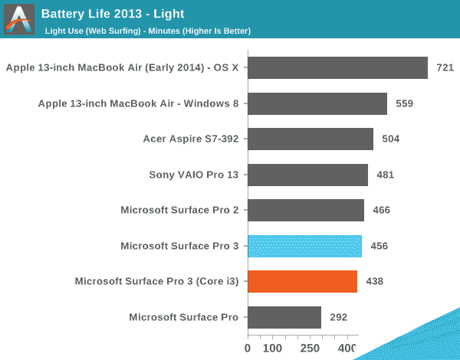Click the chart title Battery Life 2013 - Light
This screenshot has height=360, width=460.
[113, 13]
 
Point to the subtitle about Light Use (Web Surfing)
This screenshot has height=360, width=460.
[146, 31]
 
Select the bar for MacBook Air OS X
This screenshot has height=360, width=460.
[337, 68]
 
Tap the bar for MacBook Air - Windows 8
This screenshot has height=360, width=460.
[317, 103]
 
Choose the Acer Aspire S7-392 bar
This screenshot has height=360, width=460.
[310, 139]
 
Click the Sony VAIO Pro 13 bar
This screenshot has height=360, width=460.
[307, 175]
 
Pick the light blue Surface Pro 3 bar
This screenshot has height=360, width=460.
[304, 246]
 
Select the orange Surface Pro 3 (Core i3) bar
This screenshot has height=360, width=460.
[302, 281]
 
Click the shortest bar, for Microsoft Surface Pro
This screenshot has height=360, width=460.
[284, 317]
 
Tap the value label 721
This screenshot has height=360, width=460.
[445, 68]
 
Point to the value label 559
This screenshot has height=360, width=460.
[405, 103]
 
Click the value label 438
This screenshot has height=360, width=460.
[374, 281]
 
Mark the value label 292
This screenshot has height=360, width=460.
[339, 317]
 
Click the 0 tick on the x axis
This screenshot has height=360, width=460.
[247, 349]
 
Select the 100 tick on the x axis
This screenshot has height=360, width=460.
[274, 349]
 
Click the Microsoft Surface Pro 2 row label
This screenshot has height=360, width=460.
[179, 210]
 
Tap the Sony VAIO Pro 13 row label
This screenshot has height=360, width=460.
[194, 175]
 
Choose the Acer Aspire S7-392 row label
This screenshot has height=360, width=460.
[191, 139]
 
